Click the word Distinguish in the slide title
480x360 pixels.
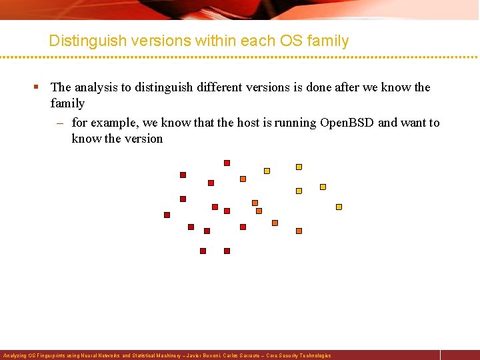point(86,41)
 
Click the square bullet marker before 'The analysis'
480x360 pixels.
point(40,87)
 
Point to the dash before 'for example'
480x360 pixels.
point(61,123)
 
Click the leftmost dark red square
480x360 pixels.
point(167,215)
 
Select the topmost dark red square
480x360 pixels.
point(227,163)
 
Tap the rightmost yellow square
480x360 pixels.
point(339,207)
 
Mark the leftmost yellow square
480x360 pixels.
point(267,171)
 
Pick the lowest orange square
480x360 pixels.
point(299,231)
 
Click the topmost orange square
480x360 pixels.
point(243,179)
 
